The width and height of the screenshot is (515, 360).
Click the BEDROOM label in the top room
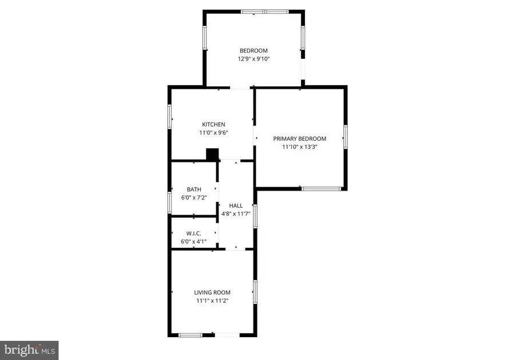click(x=253, y=51)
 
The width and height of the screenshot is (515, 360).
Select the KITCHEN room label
click(x=213, y=124)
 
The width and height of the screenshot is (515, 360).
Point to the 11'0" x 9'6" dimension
click(x=213, y=133)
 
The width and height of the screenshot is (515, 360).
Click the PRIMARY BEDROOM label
click(x=299, y=139)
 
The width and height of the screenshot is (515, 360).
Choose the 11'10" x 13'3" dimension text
click(x=299, y=147)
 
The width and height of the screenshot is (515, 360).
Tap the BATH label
click(x=194, y=189)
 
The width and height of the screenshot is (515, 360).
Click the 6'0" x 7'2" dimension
click(x=194, y=198)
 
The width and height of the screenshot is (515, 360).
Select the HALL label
click(x=236, y=205)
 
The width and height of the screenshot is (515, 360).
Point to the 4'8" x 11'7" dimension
click(x=236, y=214)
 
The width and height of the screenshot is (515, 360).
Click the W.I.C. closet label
click(x=194, y=234)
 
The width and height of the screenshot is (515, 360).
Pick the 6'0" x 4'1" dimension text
click(x=194, y=242)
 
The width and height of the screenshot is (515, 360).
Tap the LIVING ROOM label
click(x=212, y=292)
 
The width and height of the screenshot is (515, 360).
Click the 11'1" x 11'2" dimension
click(x=212, y=300)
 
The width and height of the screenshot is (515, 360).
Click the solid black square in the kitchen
click(x=212, y=155)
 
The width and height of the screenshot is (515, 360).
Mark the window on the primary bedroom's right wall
click(x=345, y=137)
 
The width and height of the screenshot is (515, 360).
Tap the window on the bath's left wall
click(x=170, y=203)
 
